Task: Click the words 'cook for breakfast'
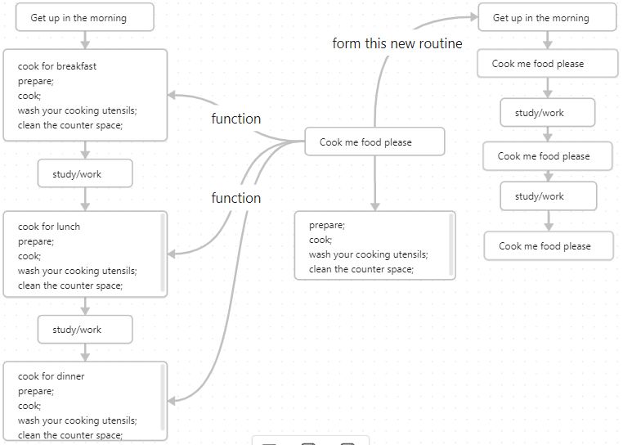tap(56, 66)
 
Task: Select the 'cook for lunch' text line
tap(49, 227)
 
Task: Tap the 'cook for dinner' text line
tap(51, 376)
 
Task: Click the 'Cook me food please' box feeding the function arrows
tap(374, 142)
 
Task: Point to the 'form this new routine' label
tap(397, 43)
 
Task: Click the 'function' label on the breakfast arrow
tap(235, 119)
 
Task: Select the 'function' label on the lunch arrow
tap(235, 198)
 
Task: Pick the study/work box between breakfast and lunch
tap(84, 173)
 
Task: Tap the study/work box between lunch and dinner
tap(84, 330)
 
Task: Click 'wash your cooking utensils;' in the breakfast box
tap(77, 110)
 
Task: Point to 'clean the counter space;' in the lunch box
tap(69, 285)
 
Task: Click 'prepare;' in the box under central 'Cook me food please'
tap(326, 225)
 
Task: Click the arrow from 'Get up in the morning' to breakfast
tap(85, 40)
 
